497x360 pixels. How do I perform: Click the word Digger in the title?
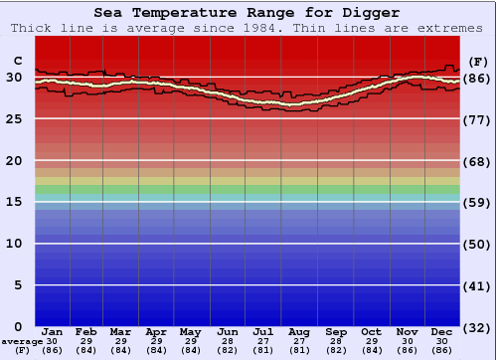375,13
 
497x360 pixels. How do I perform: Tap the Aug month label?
299,331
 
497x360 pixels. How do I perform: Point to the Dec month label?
442,331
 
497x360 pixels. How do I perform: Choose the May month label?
191,331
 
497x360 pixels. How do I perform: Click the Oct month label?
371,331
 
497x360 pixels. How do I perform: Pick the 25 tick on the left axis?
15,119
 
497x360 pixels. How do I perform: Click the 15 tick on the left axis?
15,203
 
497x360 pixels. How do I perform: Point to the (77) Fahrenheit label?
477,119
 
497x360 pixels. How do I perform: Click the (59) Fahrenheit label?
477,203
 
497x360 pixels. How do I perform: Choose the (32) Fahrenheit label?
477,327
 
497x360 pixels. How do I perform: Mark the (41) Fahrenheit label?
477,285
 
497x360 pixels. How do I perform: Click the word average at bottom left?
16,341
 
